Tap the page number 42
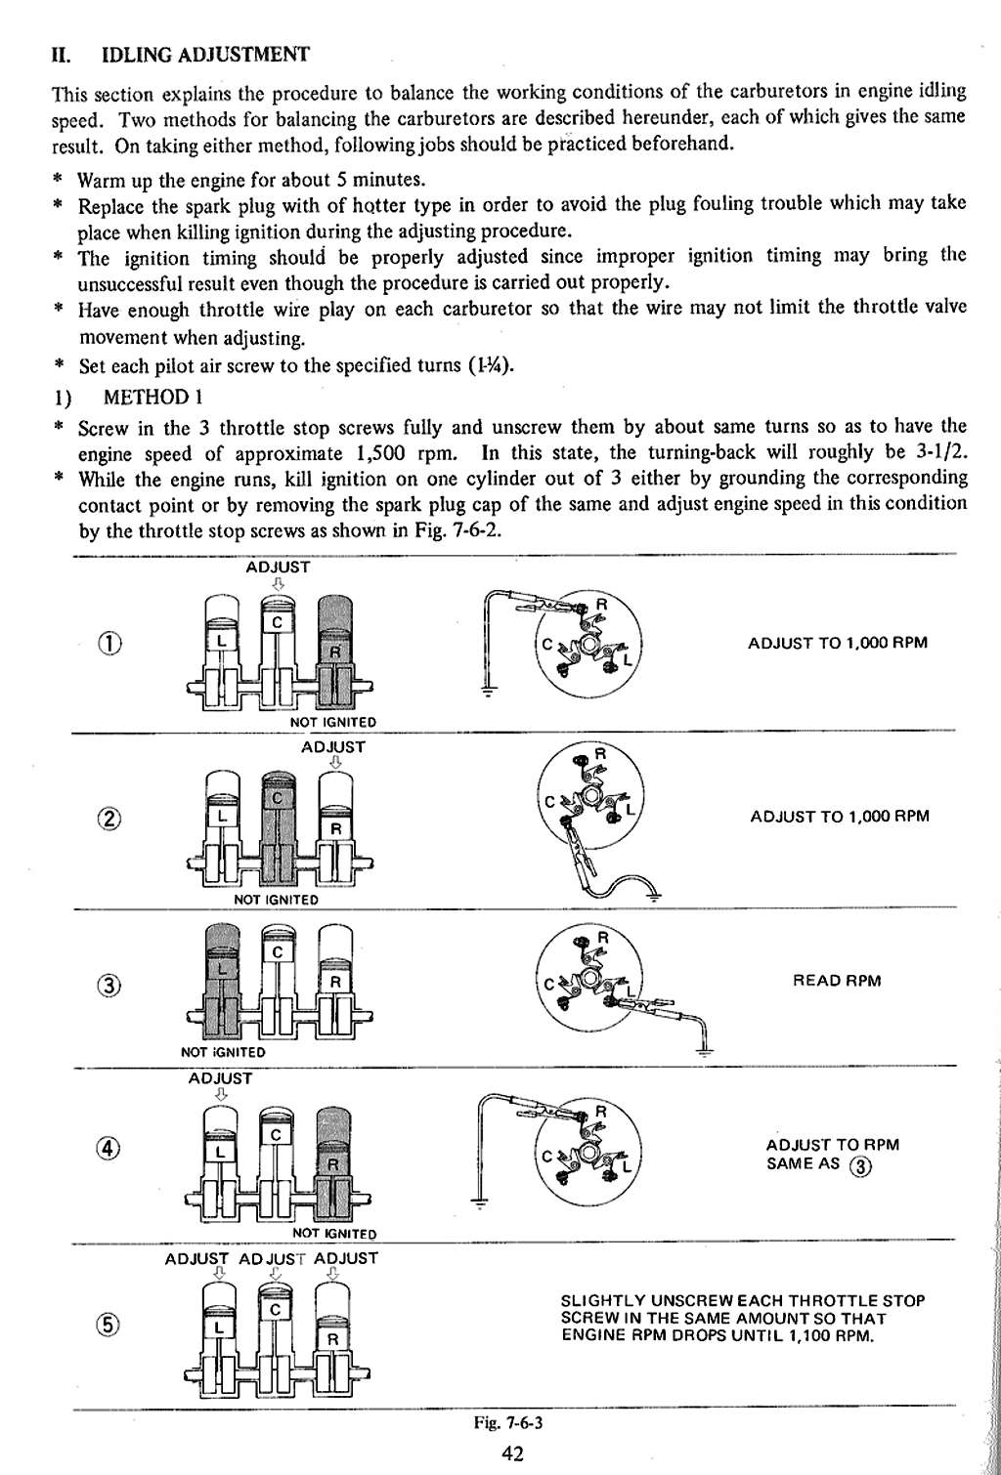coord(512,1454)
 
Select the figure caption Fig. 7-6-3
coord(508,1422)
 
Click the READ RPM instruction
coord(838,981)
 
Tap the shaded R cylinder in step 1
coord(334,650)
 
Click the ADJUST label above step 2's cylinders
coord(333,747)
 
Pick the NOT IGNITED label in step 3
coord(223,1052)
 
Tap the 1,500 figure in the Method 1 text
coord(384,453)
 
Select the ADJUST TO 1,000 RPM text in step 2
coord(839,816)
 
